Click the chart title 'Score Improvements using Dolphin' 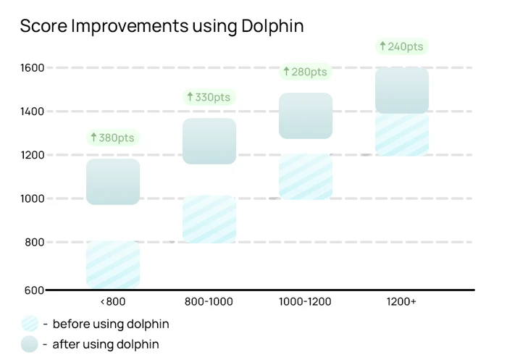point(162,26)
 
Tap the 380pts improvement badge point(112,138)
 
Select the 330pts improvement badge point(209,97)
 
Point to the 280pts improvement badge point(305,72)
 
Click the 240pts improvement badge point(401,46)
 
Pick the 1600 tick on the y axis point(32,68)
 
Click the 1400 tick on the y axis point(32,112)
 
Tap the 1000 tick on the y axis point(32,198)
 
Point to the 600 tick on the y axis point(33,290)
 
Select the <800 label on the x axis point(112,301)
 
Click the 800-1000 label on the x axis point(209,301)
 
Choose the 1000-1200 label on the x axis point(305,301)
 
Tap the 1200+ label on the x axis point(401,301)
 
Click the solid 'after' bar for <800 point(112,181)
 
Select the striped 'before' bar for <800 point(112,265)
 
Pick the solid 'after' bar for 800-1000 point(209,141)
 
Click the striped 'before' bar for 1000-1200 point(305,177)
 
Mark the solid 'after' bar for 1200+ point(401,90)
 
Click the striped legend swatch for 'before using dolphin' point(30,324)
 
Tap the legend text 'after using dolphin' point(105,344)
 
